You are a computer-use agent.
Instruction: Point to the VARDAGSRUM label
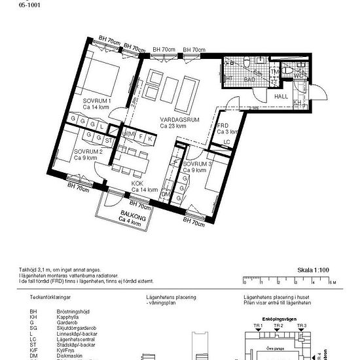pyautogui.click(x=179, y=120)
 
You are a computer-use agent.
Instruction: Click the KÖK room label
pyautogui.click(x=137, y=184)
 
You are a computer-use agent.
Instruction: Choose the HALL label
pyautogui.click(x=281, y=96)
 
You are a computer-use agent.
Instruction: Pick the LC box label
pyautogui.click(x=227, y=142)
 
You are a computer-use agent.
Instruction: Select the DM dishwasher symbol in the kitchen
pyautogui.click(x=166, y=194)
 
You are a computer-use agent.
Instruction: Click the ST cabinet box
pyautogui.click(x=108, y=140)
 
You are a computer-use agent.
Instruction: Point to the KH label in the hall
pyautogui.click(x=297, y=103)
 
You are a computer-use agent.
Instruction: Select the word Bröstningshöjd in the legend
pyautogui.click(x=72, y=306)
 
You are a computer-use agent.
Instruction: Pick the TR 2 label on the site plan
pyautogui.click(x=279, y=325)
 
